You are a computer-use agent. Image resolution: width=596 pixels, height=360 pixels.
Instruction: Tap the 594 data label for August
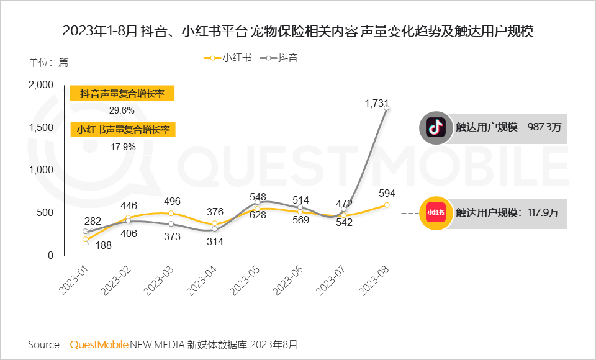387,194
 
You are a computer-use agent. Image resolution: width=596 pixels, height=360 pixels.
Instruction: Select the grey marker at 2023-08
387,108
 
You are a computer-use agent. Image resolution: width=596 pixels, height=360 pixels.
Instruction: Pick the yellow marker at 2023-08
387,205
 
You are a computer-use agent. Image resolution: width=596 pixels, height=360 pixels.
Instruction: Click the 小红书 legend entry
228,58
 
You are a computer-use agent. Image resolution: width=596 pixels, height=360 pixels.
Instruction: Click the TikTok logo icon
435,128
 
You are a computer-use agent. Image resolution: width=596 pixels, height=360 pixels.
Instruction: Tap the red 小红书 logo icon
435,212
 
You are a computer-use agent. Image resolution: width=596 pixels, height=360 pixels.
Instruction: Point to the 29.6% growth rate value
122,110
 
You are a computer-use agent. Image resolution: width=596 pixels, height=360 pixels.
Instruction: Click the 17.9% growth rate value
122,147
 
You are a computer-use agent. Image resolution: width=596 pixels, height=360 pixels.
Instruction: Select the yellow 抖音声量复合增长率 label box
122,94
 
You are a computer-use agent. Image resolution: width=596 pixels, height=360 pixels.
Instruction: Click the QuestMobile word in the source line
99,344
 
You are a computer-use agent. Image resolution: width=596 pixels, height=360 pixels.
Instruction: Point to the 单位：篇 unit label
48,62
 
